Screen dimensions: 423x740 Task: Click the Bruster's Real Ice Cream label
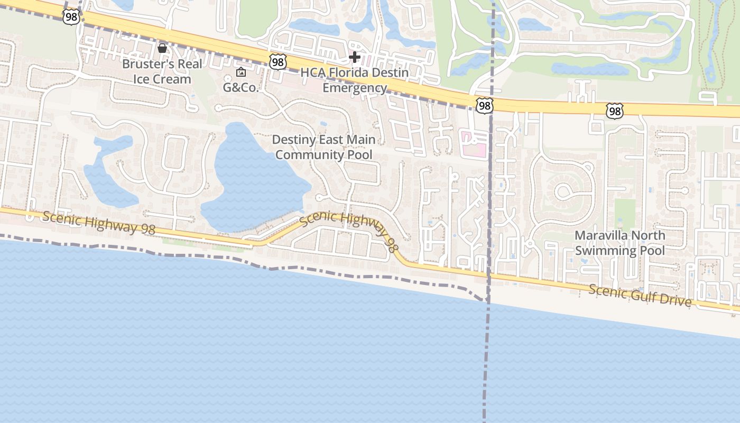click(162, 71)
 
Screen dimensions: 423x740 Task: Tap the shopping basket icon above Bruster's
click(162, 49)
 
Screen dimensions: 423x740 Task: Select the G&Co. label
click(240, 87)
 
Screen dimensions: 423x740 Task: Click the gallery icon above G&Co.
click(241, 72)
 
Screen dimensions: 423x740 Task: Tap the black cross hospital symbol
click(355, 57)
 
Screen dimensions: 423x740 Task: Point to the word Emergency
click(355, 88)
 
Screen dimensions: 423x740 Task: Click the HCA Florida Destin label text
click(355, 72)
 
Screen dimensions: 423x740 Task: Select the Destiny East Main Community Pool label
click(324, 147)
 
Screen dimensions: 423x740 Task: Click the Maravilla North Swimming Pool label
click(620, 243)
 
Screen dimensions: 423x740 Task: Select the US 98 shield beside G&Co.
click(277, 62)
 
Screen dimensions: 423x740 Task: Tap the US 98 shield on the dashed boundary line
click(484, 106)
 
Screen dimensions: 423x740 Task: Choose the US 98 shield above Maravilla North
click(614, 111)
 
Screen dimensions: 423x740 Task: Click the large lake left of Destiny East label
click(248, 174)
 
